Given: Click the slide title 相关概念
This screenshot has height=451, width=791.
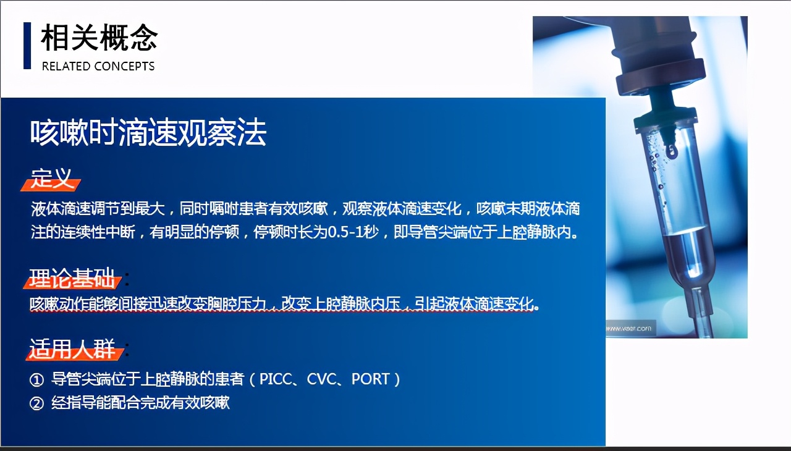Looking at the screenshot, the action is tap(99, 38).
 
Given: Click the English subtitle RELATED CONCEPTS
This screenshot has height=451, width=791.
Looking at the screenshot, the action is tap(98, 66).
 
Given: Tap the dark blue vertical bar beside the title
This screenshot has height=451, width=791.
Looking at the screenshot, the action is tap(27, 46).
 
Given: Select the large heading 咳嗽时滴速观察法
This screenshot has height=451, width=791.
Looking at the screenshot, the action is tap(148, 132).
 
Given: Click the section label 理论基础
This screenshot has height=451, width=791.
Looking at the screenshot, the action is tap(72, 278).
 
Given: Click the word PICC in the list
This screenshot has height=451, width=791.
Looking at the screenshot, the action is tap(276, 379).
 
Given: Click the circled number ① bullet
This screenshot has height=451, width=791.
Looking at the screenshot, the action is tap(36, 380).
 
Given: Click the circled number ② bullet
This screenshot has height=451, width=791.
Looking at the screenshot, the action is tap(36, 403).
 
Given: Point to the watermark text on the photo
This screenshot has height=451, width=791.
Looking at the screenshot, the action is tap(628, 329).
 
